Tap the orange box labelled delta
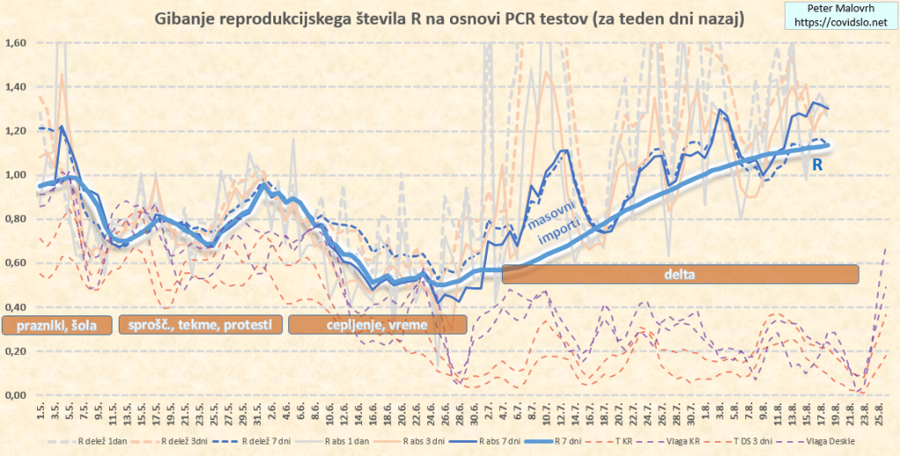679,274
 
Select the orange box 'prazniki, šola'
57,326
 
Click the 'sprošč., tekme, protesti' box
200,326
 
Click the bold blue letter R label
817,163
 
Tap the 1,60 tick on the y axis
16,42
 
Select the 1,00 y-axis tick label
16,175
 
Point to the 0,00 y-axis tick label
16,395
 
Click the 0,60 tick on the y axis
16,263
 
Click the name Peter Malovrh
836,7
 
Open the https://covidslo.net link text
836,21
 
